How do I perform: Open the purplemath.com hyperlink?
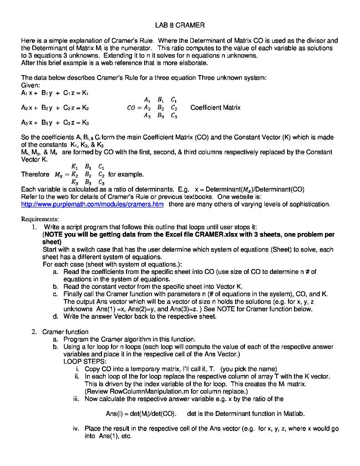click(92, 204)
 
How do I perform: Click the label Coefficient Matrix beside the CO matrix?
click(215, 108)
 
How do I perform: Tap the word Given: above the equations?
click(31, 85)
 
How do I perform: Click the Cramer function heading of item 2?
click(65, 332)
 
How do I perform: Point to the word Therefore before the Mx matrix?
click(35, 174)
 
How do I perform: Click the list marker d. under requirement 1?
click(55, 316)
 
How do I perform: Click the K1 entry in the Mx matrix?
click(74, 167)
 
